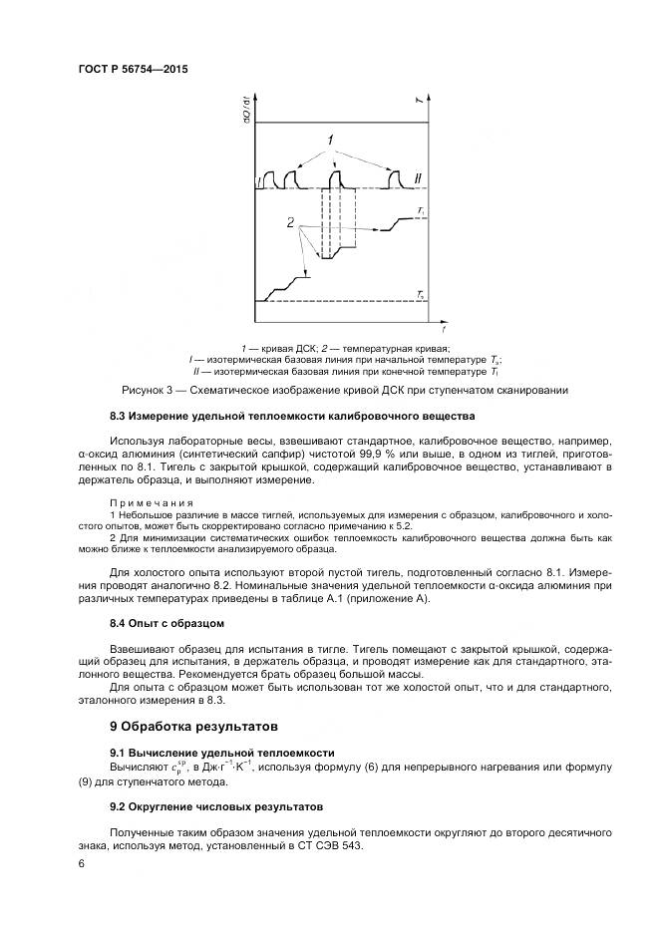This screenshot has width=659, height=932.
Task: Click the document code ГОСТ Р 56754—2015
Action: click(x=134, y=70)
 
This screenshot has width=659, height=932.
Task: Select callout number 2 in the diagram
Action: click(x=291, y=224)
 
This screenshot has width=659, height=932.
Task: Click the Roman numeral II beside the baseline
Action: click(x=419, y=179)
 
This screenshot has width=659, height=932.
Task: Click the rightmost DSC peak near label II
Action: click(x=394, y=178)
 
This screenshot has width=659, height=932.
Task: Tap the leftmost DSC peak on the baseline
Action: click(x=268, y=178)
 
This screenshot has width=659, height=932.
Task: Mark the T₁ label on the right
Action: click(x=422, y=212)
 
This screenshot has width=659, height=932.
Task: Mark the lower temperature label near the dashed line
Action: click(x=422, y=295)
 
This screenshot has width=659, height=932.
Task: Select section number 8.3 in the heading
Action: click(x=119, y=415)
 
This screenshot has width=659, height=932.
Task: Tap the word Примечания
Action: click(x=152, y=503)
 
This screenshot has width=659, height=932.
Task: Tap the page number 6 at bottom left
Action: click(x=81, y=866)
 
